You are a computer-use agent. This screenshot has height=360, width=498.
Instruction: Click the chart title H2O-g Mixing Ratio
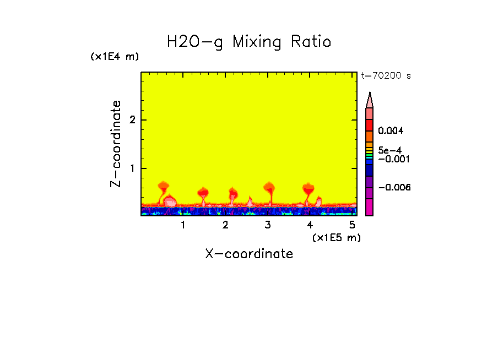pyautogui.click(x=249, y=42)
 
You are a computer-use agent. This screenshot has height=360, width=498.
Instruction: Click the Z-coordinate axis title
pyautogui.click(x=116, y=143)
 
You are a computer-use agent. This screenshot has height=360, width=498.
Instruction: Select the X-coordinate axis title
pyautogui.click(x=249, y=254)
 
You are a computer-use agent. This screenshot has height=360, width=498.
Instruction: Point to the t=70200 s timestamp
pyautogui.click(x=386, y=76)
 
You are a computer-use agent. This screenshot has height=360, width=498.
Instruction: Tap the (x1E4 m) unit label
pyautogui.click(x=115, y=57)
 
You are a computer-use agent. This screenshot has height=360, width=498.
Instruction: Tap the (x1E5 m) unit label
pyautogui.click(x=336, y=237)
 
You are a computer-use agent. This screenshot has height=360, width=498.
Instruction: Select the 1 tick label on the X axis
pyautogui.click(x=183, y=225)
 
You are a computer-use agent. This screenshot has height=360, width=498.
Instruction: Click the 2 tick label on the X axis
pyautogui.click(x=225, y=225)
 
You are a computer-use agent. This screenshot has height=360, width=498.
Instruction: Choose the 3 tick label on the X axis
pyautogui.click(x=268, y=225)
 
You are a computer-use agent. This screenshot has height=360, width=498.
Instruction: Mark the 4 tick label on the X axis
pyautogui.click(x=310, y=225)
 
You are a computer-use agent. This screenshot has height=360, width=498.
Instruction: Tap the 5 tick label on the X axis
pyautogui.click(x=353, y=225)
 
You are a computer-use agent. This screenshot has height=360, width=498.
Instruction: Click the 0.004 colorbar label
pyautogui.click(x=391, y=131)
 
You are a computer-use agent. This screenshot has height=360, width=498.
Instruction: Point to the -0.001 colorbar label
pyautogui.click(x=392, y=159)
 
